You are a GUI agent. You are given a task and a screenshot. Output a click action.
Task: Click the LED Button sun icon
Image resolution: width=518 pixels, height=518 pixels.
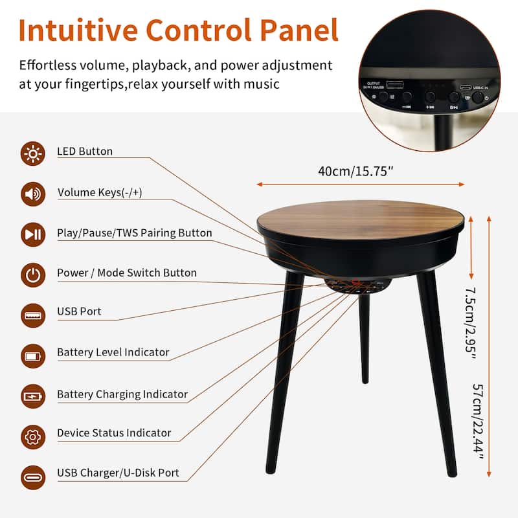click(32, 153)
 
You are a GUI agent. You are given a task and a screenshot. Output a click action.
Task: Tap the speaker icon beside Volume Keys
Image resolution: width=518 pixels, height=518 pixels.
click(32, 194)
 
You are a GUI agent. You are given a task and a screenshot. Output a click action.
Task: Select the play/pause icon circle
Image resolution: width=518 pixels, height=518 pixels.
click(32, 234)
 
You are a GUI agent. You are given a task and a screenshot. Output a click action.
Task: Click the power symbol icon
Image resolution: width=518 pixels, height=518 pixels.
click(32, 275)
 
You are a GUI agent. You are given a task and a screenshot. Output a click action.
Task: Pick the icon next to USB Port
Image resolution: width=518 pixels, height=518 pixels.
click(32, 315)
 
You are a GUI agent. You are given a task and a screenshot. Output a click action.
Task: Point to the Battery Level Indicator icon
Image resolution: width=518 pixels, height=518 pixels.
click(32, 355)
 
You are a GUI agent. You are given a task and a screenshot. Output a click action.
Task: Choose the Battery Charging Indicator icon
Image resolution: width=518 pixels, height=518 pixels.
click(32, 396)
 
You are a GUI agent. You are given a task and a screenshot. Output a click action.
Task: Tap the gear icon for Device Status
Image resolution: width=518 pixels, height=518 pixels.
click(32, 436)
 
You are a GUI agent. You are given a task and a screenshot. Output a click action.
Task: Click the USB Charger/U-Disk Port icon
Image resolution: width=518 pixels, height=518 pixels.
click(32, 476)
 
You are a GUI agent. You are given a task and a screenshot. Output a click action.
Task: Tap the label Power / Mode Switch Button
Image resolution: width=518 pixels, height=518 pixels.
click(126, 273)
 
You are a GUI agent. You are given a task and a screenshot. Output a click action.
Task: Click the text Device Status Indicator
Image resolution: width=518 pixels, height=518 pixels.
click(114, 433)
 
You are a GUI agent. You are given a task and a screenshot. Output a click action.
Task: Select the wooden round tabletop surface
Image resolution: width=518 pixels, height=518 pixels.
click(360, 219)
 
